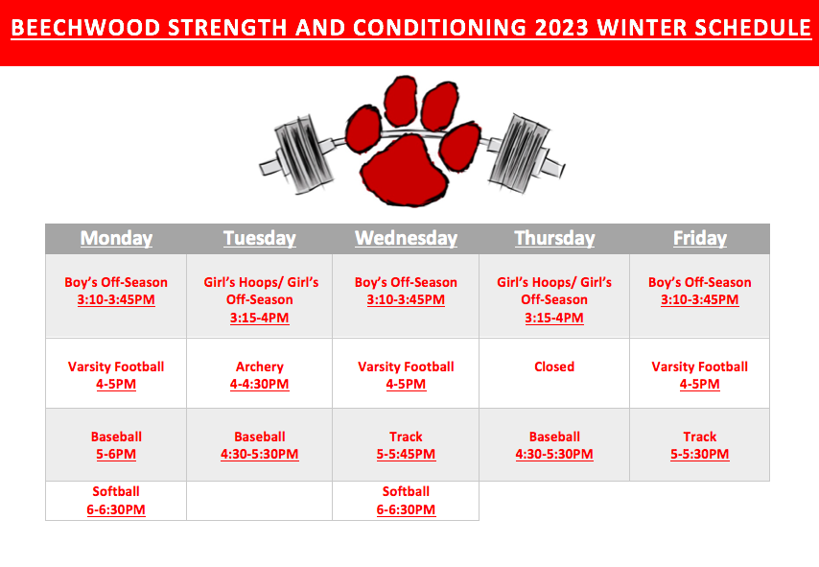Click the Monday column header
[x=116, y=238]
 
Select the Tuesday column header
[x=260, y=238]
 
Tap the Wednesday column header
[x=406, y=238]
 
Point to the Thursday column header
[x=554, y=238]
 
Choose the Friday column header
[x=700, y=238]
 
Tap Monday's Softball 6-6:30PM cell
[x=116, y=501]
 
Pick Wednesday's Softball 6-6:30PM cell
[x=406, y=501]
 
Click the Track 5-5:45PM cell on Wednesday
[x=406, y=445]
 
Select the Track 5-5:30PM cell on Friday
[x=700, y=445]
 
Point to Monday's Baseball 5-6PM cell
[x=116, y=445]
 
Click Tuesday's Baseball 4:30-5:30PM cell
[x=260, y=445]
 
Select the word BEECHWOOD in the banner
[x=85, y=28]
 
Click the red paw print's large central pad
[x=404, y=170]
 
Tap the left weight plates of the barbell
[x=304, y=154]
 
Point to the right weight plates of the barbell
[x=520, y=154]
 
